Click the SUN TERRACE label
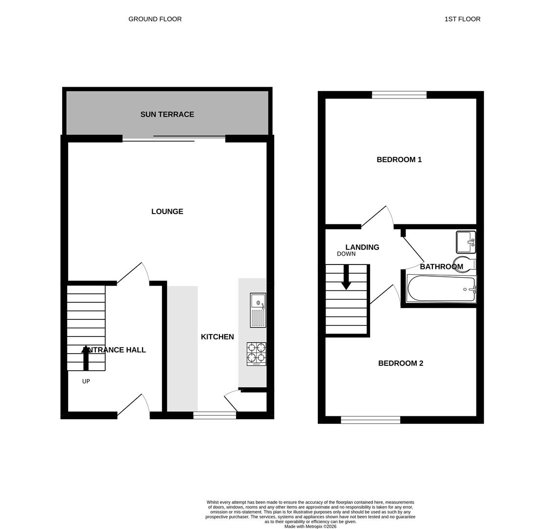[x=167, y=114]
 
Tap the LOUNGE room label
[x=167, y=212]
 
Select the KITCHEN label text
[x=217, y=337]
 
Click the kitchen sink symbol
[x=258, y=310]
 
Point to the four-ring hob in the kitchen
[x=257, y=354]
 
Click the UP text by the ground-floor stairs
[x=86, y=382]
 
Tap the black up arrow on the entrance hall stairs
[x=86, y=357]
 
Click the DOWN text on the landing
[x=346, y=254]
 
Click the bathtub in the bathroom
[x=441, y=289]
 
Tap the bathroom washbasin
[x=466, y=242]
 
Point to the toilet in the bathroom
[x=464, y=264]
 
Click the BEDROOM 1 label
[x=399, y=160]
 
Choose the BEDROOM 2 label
[x=401, y=363]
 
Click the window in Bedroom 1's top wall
[x=399, y=95]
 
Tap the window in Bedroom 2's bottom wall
[x=371, y=420]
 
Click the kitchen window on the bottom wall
[x=214, y=415]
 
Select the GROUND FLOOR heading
[x=155, y=19]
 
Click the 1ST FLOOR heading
[x=462, y=19]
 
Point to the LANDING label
[x=362, y=247]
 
